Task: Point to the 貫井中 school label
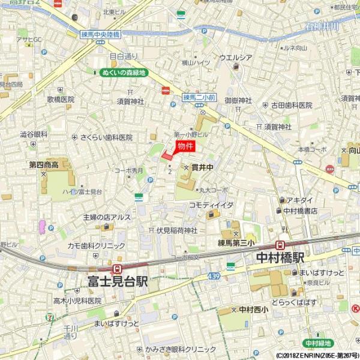(x=203, y=169)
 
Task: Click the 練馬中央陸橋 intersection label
(x=101, y=35)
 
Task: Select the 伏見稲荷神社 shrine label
(x=177, y=230)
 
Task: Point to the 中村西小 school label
(x=251, y=310)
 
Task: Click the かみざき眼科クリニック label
(x=179, y=349)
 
